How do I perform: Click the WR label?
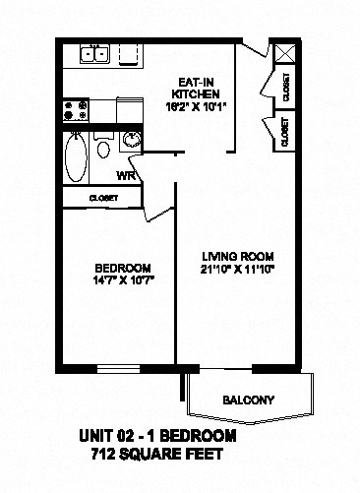click(x=126, y=177)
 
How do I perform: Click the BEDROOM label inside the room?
click(x=122, y=268)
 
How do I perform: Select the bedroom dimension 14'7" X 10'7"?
click(x=122, y=280)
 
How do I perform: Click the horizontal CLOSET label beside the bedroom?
click(x=103, y=198)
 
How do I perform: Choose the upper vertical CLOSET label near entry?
click(x=285, y=88)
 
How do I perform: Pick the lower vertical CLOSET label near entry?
click(x=285, y=133)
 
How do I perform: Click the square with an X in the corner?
click(x=284, y=54)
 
